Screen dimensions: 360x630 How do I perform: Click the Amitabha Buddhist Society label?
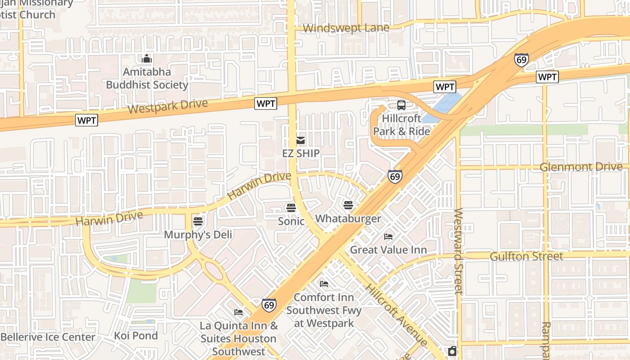pyautogui.click(x=147, y=78)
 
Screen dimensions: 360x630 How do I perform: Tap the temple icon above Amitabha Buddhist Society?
pyautogui.click(x=147, y=59)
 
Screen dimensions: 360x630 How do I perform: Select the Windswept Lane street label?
pyautogui.click(x=346, y=28)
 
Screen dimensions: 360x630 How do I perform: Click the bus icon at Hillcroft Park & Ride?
pyautogui.click(x=401, y=105)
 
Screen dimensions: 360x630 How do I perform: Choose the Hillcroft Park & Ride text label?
pyautogui.click(x=401, y=125)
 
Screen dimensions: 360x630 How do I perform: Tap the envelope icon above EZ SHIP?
pyautogui.click(x=301, y=140)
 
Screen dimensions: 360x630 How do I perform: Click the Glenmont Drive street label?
pyautogui.click(x=581, y=167)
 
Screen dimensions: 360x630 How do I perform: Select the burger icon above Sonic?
pyautogui.click(x=291, y=207)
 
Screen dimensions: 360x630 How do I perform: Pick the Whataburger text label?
pyautogui.click(x=348, y=219)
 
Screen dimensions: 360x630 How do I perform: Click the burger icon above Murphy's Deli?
pyautogui.click(x=198, y=221)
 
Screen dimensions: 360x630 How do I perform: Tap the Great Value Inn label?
pyautogui.click(x=388, y=249)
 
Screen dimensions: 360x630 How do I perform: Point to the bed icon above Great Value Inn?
pyautogui.click(x=388, y=236)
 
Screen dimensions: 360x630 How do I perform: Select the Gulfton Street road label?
pyautogui.click(x=526, y=256)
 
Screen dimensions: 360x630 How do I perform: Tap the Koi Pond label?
pyautogui.click(x=136, y=336)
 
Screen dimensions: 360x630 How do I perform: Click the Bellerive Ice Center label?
pyautogui.click(x=48, y=337)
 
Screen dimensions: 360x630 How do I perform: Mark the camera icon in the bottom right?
pyautogui.click(x=452, y=351)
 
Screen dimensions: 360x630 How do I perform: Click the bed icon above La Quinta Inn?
pyautogui.click(x=238, y=312)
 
